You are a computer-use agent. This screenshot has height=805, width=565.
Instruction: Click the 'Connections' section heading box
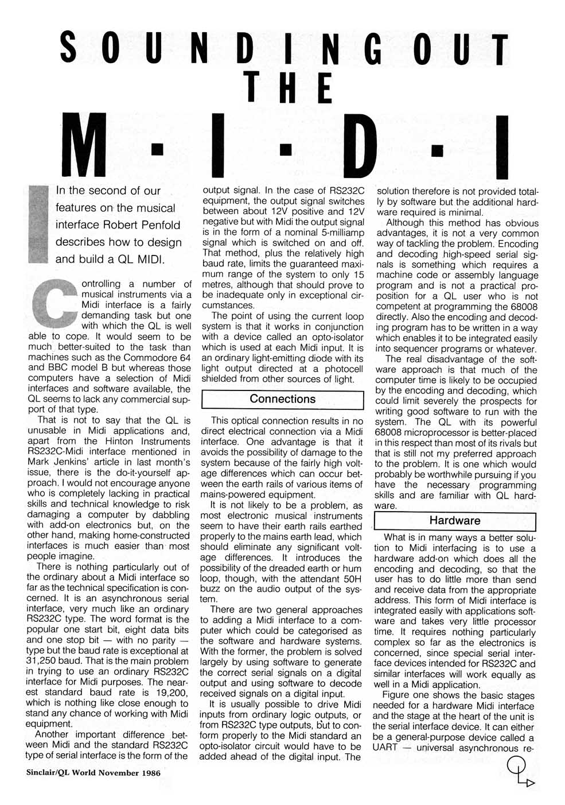click(283, 399)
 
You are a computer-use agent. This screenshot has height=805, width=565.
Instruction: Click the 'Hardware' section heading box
click(455, 521)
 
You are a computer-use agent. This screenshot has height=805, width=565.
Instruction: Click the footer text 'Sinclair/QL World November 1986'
click(93, 772)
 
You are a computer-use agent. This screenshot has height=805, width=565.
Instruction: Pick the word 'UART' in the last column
click(385, 748)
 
